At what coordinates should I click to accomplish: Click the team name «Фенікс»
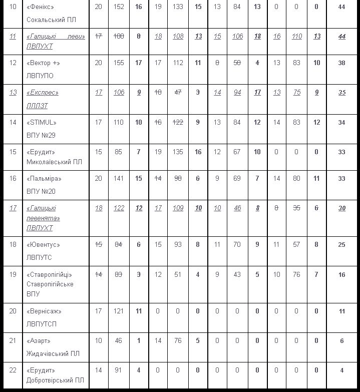tap(40, 7)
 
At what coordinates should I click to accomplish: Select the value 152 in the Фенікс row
tap(119, 7)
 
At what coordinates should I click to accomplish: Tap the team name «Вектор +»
tap(43, 63)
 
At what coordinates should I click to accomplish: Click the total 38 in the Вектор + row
tap(341, 63)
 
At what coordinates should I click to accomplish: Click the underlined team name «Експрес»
tap(43, 93)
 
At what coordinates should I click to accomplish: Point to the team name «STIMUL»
tap(42, 123)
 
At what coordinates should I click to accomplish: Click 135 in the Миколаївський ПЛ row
tap(178, 152)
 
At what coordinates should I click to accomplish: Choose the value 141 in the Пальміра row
tap(119, 179)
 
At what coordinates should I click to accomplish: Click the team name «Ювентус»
tap(43, 245)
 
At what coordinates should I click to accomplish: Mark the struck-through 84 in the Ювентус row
tap(119, 245)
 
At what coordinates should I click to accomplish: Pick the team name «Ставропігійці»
tap(50, 275)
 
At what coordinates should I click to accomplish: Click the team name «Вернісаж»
tap(44, 311)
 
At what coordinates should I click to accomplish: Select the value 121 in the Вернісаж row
tap(119, 311)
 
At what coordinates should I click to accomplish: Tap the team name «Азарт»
tap(39, 341)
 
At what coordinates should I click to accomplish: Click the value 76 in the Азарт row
tap(178, 341)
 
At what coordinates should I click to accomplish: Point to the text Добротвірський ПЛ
tap(55, 380)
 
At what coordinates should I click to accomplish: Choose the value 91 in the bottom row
tap(119, 371)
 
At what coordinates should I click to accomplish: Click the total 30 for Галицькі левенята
tap(341, 208)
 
